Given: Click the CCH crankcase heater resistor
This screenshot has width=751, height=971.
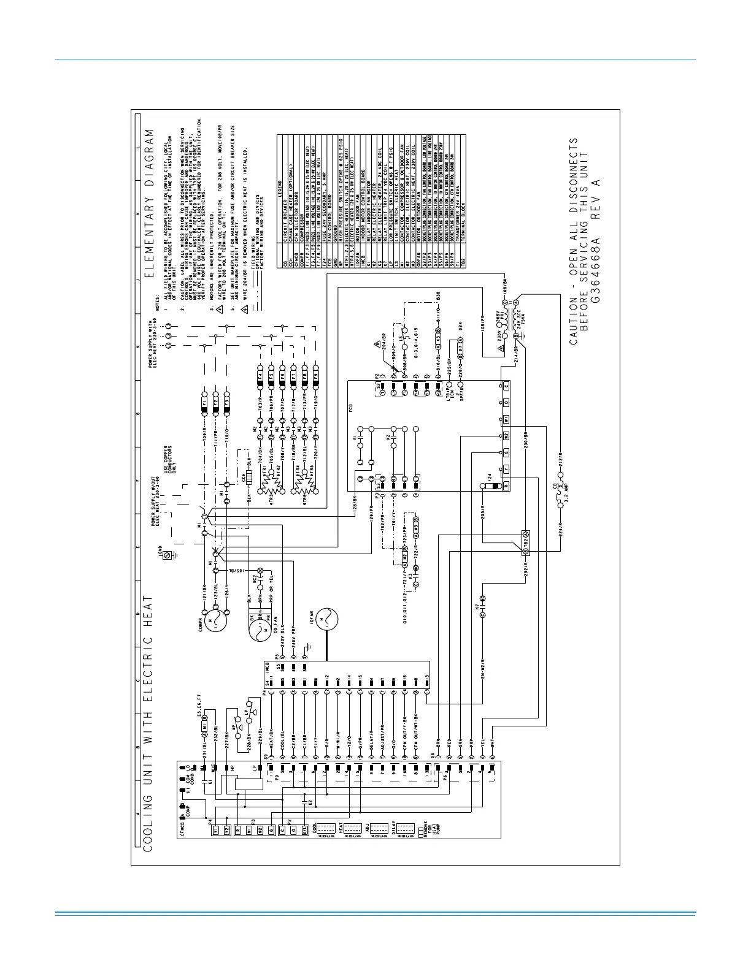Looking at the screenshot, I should [249, 479].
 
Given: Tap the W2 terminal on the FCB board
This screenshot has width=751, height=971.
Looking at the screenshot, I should [506, 436].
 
